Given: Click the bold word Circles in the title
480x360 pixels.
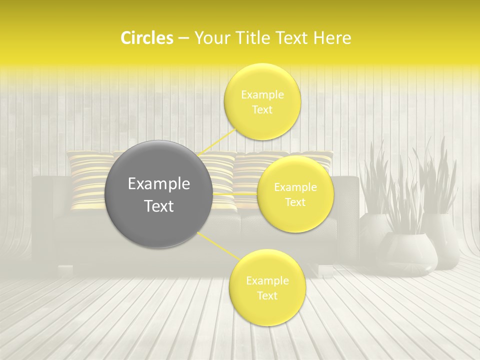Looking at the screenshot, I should point(146,38).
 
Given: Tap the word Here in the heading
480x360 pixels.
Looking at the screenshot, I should point(332,38).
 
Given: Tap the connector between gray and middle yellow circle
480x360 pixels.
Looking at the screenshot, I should point(235,193).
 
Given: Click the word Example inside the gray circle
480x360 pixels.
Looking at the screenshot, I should point(159,184).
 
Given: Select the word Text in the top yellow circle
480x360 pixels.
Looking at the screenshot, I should point(262,110).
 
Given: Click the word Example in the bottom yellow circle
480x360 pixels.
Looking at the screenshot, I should point(267,281).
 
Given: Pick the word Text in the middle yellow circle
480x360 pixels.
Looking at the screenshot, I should point(295,202).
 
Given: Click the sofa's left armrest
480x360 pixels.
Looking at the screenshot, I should point(44,220).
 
